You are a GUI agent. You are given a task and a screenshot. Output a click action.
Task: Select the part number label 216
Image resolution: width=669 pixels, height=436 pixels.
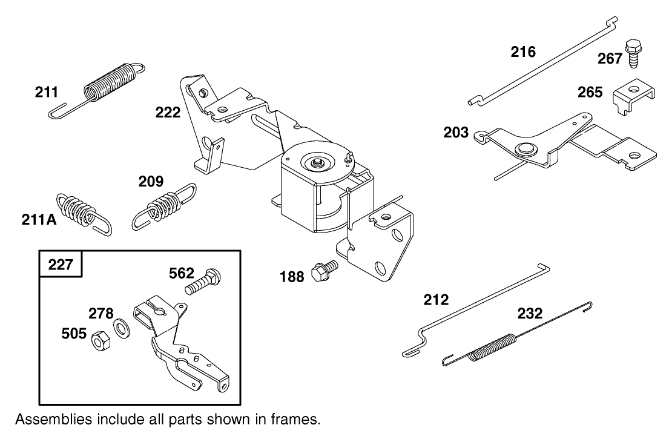tap(522, 52)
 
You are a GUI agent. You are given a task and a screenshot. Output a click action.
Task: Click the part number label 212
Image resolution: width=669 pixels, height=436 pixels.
tap(436, 300)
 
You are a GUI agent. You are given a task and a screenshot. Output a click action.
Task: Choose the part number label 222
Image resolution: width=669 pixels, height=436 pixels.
tap(168, 112)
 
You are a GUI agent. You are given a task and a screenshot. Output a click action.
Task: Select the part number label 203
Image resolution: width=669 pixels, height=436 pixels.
tap(456, 131)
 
